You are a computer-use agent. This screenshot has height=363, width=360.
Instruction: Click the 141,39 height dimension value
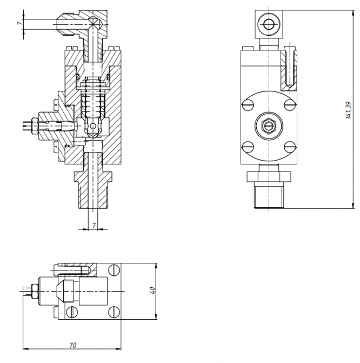pyautogui.click(x=349, y=110)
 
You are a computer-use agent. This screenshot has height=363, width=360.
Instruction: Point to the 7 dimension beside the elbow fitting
pyautogui.click(x=19, y=24)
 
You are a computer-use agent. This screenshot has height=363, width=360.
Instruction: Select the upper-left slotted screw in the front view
pyautogui.click(x=248, y=105)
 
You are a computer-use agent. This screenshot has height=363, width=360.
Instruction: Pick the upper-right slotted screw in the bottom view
pyautogui.click(x=114, y=270)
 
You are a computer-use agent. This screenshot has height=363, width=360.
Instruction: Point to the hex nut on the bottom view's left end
pyautogui.click(x=32, y=291)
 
